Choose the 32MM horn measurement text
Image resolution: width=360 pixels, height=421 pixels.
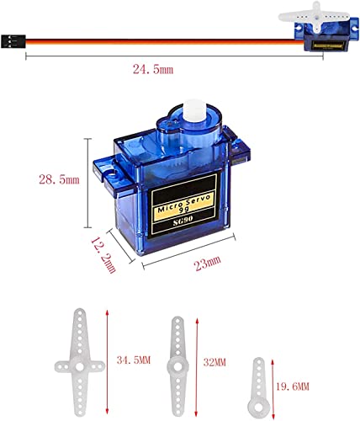pos(214,362)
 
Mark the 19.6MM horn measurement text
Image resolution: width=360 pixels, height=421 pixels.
pos(291,386)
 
